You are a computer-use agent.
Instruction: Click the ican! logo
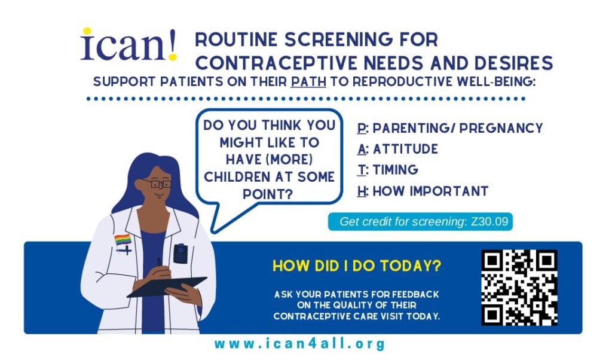tap(129, 45)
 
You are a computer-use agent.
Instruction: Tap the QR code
tap(519, 288)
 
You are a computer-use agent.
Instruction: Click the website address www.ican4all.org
tap(300, 344)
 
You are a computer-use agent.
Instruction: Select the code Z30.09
tap(489, 221)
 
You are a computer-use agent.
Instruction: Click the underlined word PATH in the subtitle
tap(308, 81)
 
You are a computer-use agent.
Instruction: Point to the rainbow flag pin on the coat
tap(123, 240)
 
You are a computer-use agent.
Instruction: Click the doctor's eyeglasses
tap(158, 184)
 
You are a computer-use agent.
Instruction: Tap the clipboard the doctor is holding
tap(167, 287)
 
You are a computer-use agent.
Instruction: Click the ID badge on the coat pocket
tap(180, 254)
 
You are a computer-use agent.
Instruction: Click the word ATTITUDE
tap(405, 149)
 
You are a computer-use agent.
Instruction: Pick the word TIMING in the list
tap(395, 170)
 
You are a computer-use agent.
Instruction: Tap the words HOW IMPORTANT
tap(430, 191)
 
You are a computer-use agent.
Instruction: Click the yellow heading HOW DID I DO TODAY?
tap(357, 266)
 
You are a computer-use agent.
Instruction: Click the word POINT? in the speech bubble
tap(268, 194)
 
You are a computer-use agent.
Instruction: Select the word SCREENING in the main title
tap(338, 39)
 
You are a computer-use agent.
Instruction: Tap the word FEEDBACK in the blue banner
tap(415, 294)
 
